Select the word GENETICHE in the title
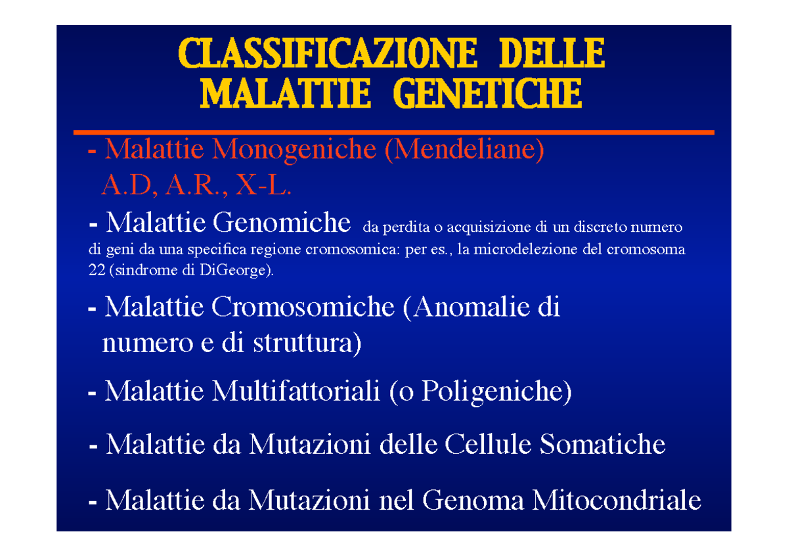point(487,93)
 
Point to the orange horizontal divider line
point(393,132)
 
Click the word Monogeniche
point(294,150)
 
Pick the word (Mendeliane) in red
point(464,150)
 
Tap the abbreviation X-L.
point(263,185)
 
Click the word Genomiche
point(282,223)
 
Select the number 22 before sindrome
point(97,270)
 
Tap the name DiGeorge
point(233,271)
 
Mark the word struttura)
point(307,344)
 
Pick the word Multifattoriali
point(296,391)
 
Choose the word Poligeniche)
point(496,392)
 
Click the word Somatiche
point(602,445)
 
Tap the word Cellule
point(487,445)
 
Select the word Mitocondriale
point(617,501)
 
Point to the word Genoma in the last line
point(473,501)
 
